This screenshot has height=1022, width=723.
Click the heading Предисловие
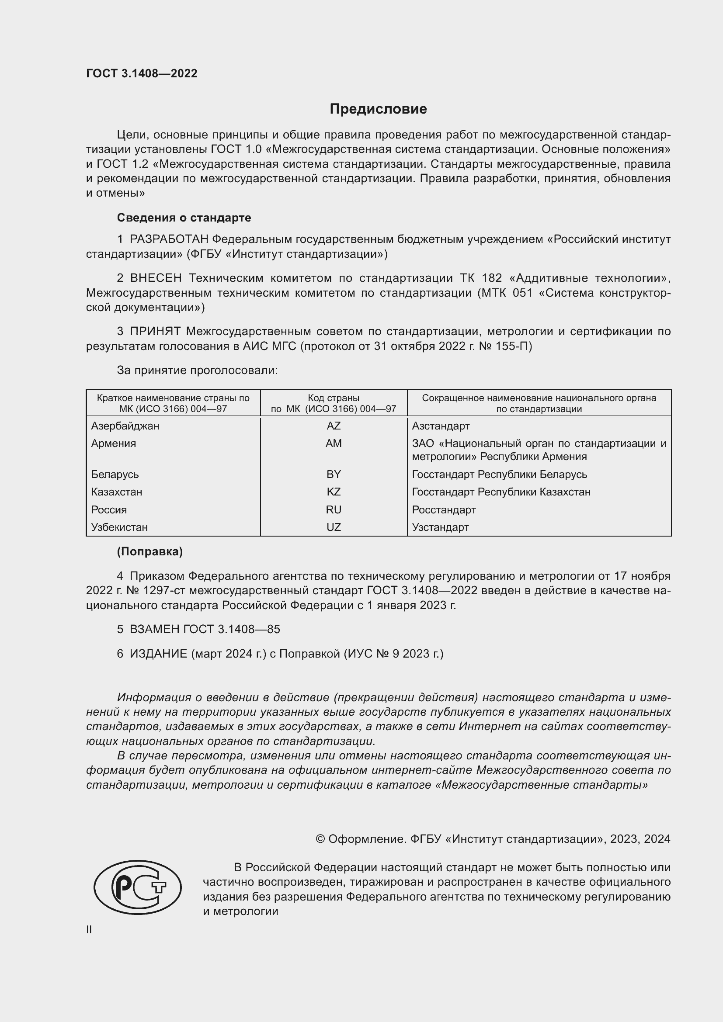pos(378,109)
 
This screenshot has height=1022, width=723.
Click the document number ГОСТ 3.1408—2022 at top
pos(142,74)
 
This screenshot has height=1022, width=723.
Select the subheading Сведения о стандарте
pos(184,218)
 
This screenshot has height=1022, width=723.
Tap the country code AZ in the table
pos(334,426)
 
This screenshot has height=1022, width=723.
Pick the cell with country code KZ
pos(334,492)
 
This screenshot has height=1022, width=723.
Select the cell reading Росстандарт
pos(444,509)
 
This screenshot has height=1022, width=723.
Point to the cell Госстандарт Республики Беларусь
pos(499,475)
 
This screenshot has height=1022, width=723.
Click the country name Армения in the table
pos(114,443)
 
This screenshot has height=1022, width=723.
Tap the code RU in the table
pos(334,509)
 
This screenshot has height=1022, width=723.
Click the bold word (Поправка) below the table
pos(149,552)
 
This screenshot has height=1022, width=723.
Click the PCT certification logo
pos(138,887)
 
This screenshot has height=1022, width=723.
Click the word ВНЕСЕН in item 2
pos(155,278)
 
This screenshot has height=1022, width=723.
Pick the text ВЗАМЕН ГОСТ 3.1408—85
pos(204,629)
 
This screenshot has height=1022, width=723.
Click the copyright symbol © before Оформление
pos(320,839)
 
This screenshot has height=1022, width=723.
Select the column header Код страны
pos(334,398)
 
